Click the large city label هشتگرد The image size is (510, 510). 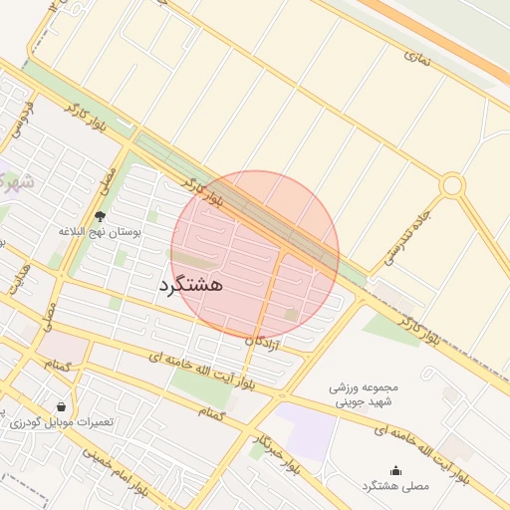[x=190, y=285]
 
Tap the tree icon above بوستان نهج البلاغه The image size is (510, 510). [x=100, y=215]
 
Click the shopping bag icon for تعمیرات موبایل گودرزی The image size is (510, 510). [x=63, y=406]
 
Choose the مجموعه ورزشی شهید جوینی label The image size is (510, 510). [x=364, y=393]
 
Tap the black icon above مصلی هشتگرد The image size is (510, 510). [x=395, y=471]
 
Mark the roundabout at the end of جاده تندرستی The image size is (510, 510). [x=452, y=185]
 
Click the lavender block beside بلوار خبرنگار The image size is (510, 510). [x=305, y=430]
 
